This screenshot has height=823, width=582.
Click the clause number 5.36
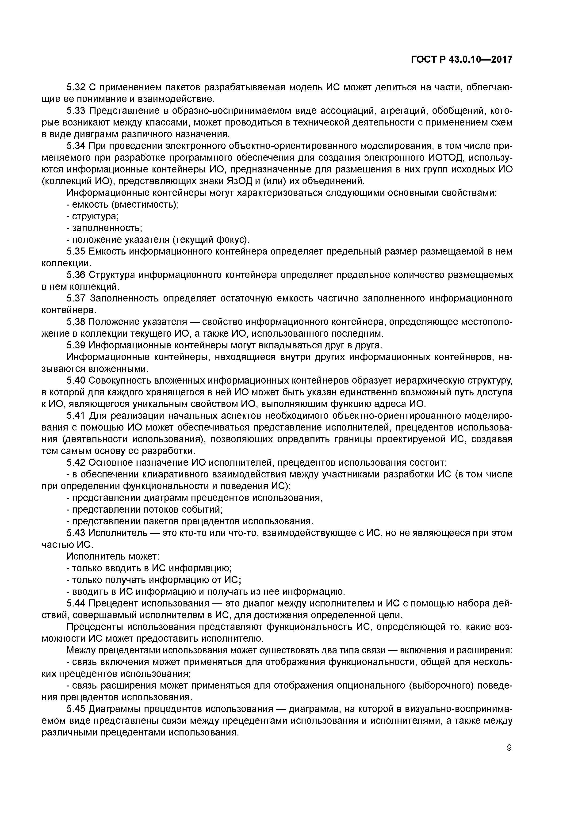[x=76, y=275]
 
